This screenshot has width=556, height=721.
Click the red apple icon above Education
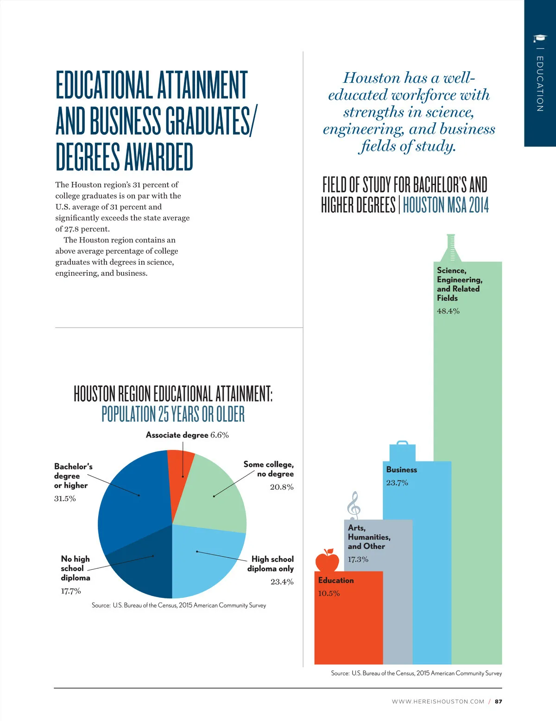click(327, 560)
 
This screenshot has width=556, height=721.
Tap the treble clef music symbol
click(354, 504)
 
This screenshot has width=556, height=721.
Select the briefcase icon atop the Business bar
click(402, 451)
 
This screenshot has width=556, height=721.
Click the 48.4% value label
click(448, 311)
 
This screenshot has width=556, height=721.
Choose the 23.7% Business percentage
click(397, 483)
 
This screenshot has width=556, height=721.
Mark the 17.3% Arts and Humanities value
click(358, 559)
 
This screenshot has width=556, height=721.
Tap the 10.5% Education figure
click(329, 594)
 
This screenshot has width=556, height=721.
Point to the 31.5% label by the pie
click(65, 498)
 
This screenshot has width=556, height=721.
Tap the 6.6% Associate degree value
click(219, 435)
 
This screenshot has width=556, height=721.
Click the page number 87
click(498, 702)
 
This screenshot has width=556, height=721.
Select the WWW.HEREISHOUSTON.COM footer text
click(438, 702)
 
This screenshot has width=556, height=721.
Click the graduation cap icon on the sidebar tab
click(540, 38)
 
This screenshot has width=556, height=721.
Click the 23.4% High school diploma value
click(282, 582)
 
